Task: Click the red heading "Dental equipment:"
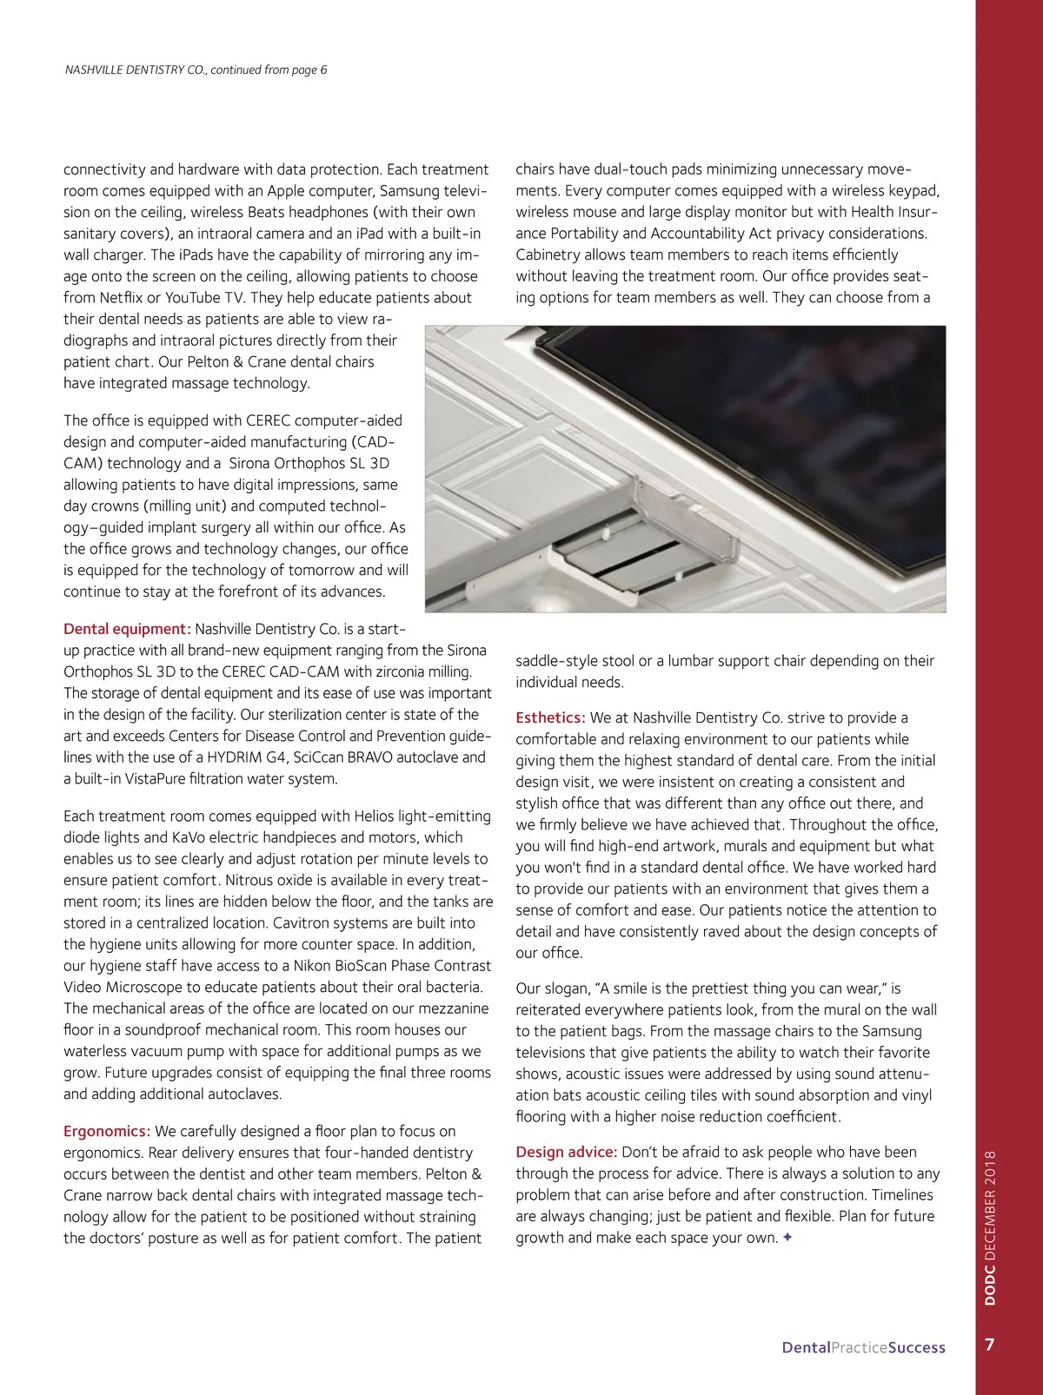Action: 127,629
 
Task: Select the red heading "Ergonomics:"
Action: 107,1131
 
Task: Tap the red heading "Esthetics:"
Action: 550,717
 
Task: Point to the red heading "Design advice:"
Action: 567,1152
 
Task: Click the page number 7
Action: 990,1345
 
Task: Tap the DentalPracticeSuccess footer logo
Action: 863,1348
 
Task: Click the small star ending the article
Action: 787,1238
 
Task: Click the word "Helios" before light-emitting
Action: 375,817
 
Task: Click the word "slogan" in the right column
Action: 566,988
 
